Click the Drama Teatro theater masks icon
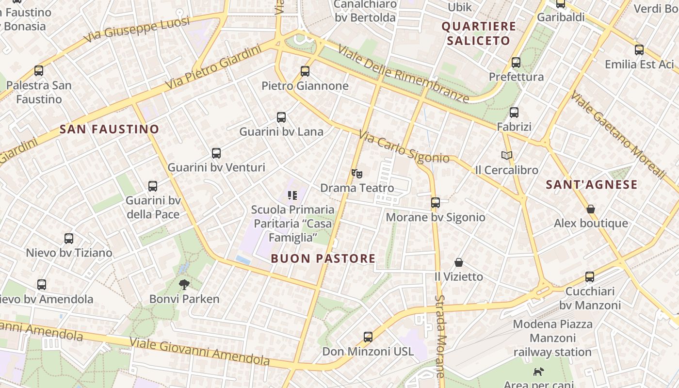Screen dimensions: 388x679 coord(357,173)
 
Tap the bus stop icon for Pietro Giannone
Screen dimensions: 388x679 coord(305,71)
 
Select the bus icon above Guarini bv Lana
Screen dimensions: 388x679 coord(281,117)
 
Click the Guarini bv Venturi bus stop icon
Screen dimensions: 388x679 coord(216,153)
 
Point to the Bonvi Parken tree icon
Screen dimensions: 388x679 coord(184,284)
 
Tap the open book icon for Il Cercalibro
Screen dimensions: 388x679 coord(507,155)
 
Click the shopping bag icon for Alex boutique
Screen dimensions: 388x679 coord(591,209)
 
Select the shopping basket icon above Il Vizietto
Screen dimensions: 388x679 coord(459,262)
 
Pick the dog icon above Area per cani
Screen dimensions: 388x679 coord(538,372)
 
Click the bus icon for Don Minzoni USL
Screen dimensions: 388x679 coord(368,337)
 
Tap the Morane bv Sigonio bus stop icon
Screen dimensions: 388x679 coord(436,203)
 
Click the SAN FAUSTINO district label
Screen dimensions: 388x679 coord(109,129)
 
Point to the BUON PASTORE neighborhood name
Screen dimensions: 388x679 coord(323,259)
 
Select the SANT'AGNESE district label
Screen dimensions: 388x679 coord(592,185)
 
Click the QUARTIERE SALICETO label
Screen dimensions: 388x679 coord(479,33)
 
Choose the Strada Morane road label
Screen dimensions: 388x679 coord(440,336)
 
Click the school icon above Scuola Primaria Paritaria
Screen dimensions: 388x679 coord(292,195)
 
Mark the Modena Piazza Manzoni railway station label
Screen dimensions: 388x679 coord(552,338)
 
